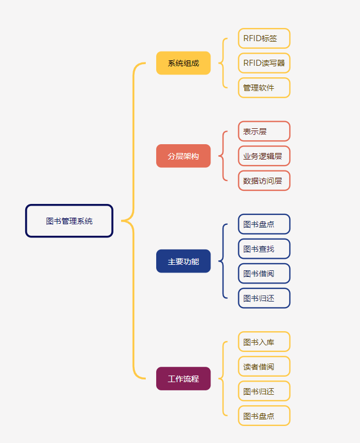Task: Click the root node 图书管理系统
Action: [x=69, y=221]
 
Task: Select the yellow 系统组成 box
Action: [x=183, y=63]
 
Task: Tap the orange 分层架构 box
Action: [x=183, y=156]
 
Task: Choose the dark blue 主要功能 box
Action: [x=183, y=261]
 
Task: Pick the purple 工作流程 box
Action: [x=183, y=378]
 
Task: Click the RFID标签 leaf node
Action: [x=264, y=38]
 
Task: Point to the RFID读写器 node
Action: [x=264, y=63]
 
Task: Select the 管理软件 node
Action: [x=264, y=88]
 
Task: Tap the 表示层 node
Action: [x=264, y=132]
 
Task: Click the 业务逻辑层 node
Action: [x=264, y=156]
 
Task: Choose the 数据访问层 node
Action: [x=264, y=181]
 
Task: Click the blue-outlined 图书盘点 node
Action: [x=264, y=224]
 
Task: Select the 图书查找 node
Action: [x=264, y=249]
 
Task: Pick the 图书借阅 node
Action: [x=264, y=274]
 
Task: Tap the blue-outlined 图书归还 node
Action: [x=264, y=298]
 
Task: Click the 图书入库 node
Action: [x=264, y=342]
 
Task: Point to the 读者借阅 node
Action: [x=264, y=366]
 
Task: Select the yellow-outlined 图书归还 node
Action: [x=264, y=391]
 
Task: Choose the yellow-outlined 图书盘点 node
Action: [x=264, y=416]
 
